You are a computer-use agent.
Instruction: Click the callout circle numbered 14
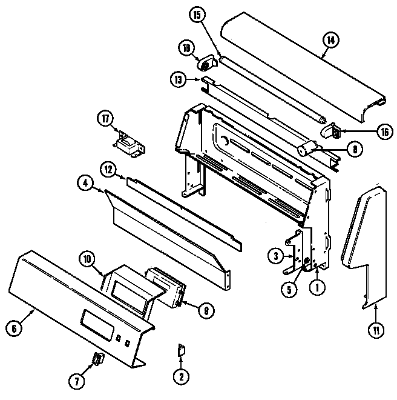(x=330, y=41)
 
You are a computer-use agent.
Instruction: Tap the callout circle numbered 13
(x=177, y=79)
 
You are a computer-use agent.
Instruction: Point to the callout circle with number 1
(x=316, y=288)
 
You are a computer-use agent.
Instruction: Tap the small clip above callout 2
(x=180, y=349)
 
